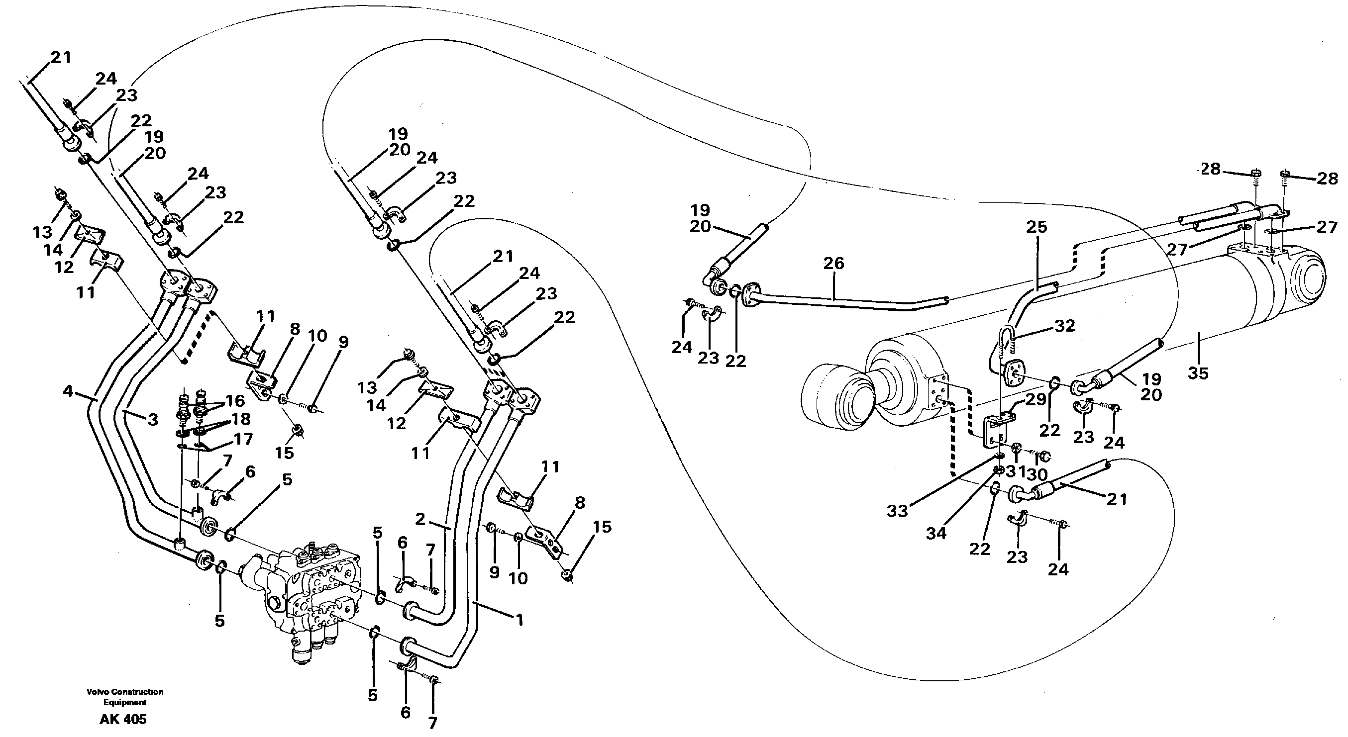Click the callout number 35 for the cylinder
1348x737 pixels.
coord(1198,373)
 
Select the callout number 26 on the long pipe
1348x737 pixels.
coord(833,263)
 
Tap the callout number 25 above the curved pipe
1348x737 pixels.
coord(1037,227)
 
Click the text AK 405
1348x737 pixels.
coord(123,719)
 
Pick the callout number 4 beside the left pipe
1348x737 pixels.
coord(68,391)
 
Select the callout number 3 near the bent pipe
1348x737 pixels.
coord(152,420)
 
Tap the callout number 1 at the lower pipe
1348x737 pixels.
coord(519,620)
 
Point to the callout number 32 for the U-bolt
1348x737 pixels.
coord(1064,326)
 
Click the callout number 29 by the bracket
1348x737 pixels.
coord(1035,400)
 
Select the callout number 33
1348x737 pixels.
coord(897,511)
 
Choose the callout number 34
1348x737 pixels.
coord(936,534)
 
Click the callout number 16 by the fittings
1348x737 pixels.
coord(235,401)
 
